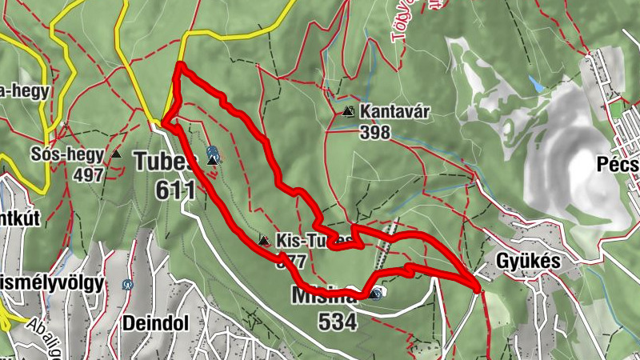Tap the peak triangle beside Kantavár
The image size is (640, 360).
pos(348,112)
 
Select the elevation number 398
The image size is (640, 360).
pos(374,132)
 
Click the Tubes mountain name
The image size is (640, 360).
pos(165,162)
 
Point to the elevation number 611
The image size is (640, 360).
pos(176,190)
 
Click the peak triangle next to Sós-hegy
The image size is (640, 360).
pos(117,154)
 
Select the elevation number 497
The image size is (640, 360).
pos(89,174)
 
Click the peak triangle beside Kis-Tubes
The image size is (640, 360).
pos(264,240)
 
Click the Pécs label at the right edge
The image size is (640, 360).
pos(618,164)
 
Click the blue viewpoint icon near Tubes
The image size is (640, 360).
pos(212,150)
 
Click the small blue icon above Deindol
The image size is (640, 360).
pos(127,284)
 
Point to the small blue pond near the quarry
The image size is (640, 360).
pos(537,84)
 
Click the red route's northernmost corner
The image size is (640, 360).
pos(180,65)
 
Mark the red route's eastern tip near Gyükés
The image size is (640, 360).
pos(478,289)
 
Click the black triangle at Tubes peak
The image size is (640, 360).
pos(213,161)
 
